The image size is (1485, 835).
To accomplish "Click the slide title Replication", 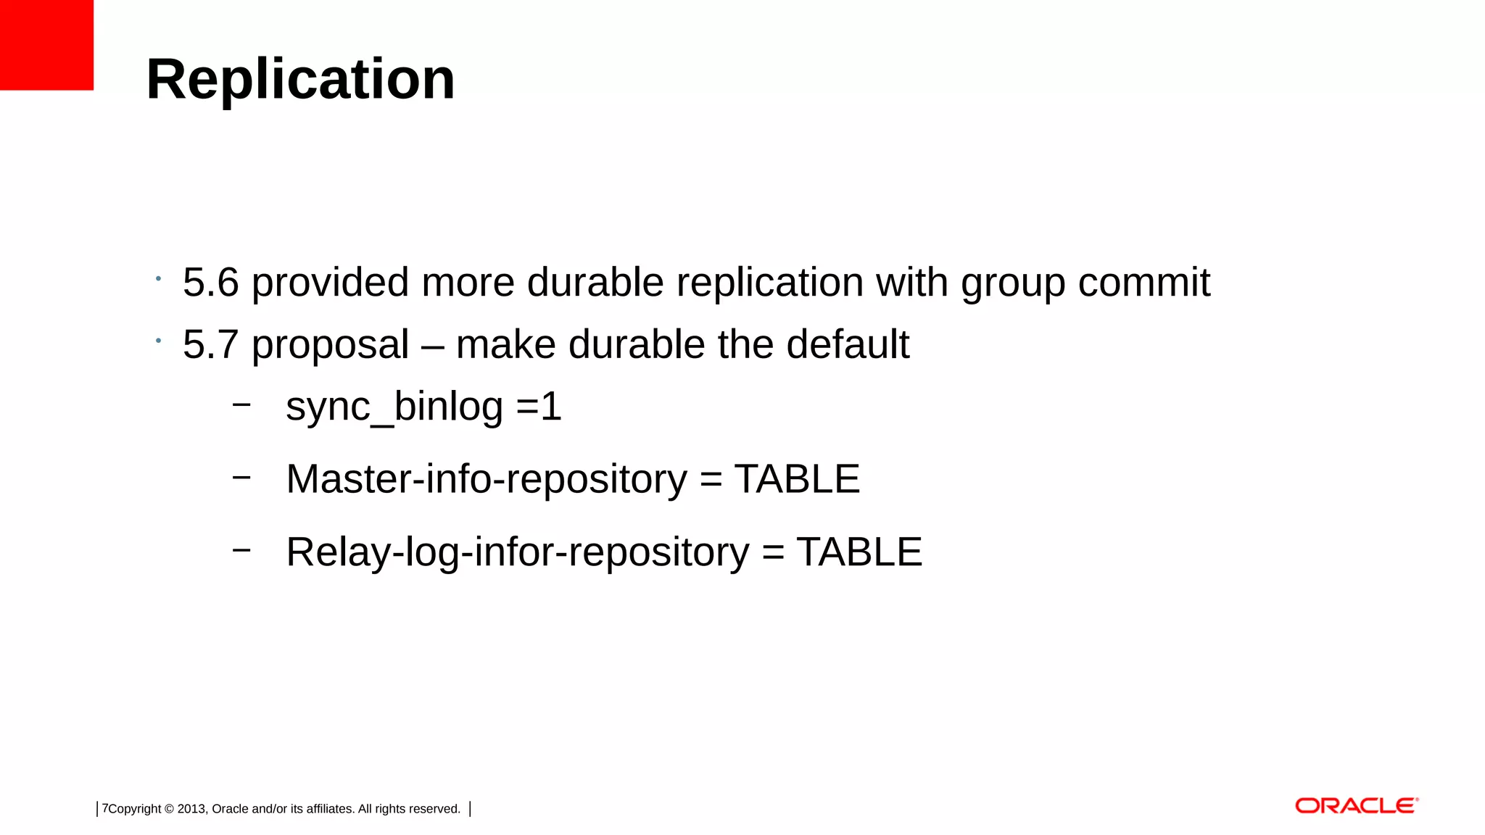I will tap(300, 79).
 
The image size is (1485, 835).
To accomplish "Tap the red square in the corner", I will tap(46, 45).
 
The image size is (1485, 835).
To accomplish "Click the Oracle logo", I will tap(1356, 806).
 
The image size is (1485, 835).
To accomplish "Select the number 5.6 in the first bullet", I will tap(210, 282).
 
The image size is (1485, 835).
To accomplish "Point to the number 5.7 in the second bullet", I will tap(210, 344).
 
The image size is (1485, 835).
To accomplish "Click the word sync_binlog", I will tap(394, 407).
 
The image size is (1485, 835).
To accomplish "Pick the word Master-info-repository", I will tap(486, 479).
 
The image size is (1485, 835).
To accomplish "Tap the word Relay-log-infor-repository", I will tap(517, 552).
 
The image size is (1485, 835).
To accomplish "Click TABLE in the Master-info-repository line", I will tap(797, 479).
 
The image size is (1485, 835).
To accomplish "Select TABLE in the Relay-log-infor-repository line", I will tap(859, 552).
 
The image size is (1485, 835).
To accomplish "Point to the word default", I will tap(847, 344).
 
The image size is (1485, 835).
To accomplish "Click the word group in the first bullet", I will tap(1013, 283).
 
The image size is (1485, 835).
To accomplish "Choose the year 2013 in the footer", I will tap(191, 809).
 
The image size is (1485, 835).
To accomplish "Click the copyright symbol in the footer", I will tap(169, 809).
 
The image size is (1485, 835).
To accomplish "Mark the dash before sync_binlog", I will tap(241, 404).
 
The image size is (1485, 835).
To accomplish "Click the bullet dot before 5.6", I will tap(158, 278).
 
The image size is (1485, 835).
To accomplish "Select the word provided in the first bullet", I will tap(330, 282).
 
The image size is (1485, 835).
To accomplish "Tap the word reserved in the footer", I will tap(434, 809).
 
